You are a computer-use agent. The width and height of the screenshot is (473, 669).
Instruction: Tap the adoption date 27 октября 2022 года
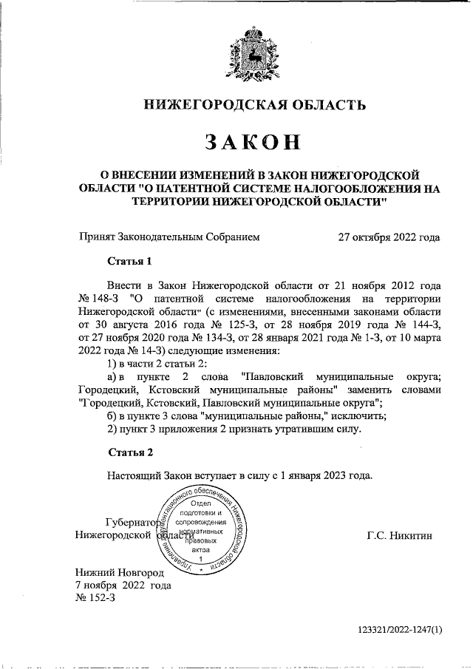click(x=389, y=237)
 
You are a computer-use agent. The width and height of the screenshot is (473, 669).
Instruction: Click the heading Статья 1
click(x=130, y=261)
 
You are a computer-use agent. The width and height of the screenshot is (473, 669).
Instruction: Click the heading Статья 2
click(x=130, y=452)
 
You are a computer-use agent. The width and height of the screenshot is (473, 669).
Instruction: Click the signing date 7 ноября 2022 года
click(x=124, y=585)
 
